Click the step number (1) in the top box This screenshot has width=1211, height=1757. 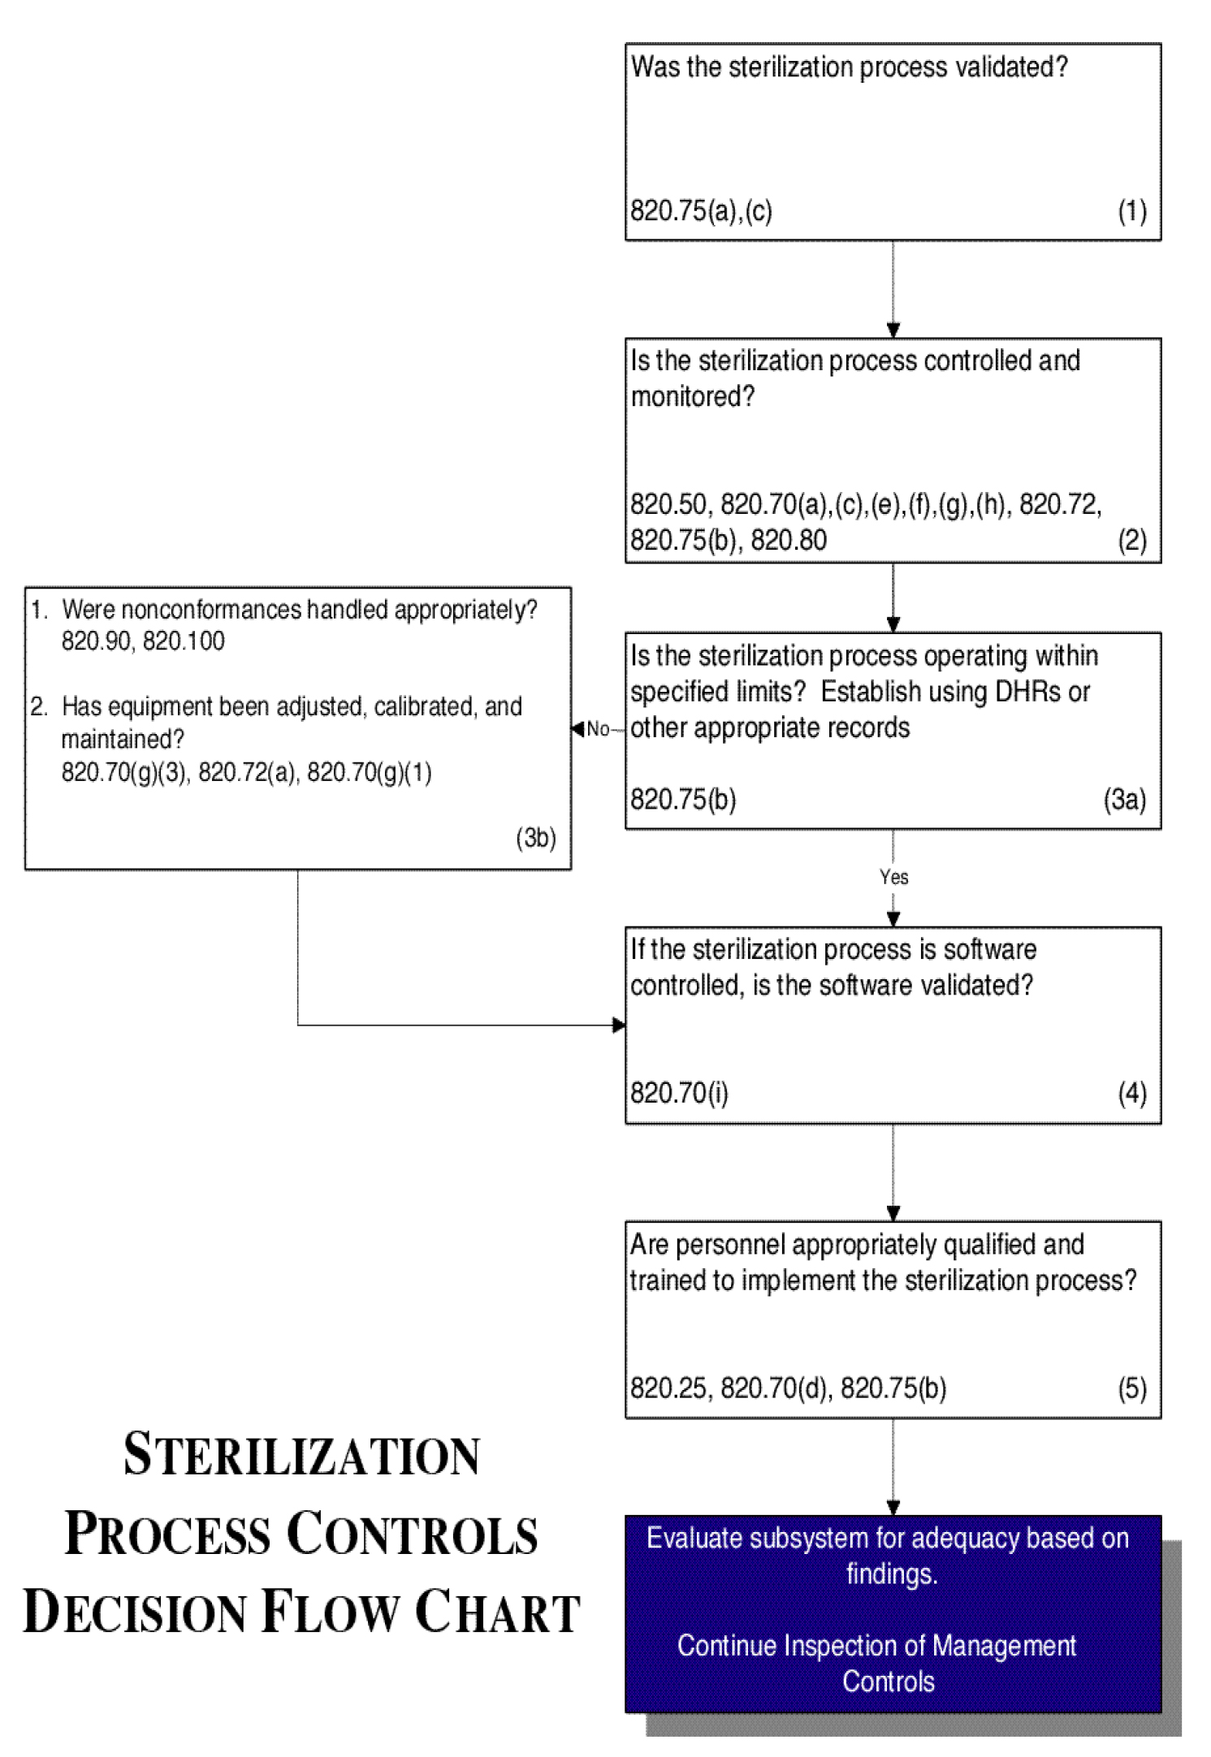coord(1131,211)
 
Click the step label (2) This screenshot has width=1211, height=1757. coord(1131,540)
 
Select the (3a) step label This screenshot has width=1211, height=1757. coord(1124,800)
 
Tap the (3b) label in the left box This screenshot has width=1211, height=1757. coord(535,837)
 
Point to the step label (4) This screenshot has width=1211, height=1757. coord(1131,1093)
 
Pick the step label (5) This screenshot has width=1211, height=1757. coord(1131,1388)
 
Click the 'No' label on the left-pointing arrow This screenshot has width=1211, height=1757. coord(598,729)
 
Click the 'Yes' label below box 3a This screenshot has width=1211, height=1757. coord(893,877)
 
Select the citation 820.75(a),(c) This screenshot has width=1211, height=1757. coord(701,211)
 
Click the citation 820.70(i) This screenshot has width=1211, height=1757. coord(679,1093)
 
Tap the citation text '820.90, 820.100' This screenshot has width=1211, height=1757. coord(143,641)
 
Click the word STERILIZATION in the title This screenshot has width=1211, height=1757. coord(301,1455)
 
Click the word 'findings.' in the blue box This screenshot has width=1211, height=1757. coord(892,1574)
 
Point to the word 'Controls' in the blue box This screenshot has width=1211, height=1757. coord(888,1681)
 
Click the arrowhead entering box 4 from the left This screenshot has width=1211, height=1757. coord(619,1025)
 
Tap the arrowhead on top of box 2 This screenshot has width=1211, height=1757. coord(893,330)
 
